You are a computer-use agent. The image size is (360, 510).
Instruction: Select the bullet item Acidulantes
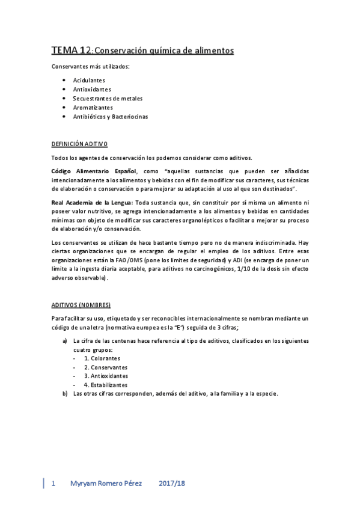pyautogui.click(x=88, y=80)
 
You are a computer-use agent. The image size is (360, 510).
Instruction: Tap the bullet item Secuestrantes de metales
pyautogui.click(x=108, y=98)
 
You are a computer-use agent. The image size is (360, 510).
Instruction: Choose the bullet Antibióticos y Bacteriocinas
pyautogui.click(x=110, y=116)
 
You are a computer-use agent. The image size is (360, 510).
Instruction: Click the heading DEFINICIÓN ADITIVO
pyautogui.click(x=79, y=144)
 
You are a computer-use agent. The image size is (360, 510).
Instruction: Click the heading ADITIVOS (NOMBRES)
pyautogui.click(x=81, y=305)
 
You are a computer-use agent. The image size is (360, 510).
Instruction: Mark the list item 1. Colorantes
pyautogui.click(x=102, y=358)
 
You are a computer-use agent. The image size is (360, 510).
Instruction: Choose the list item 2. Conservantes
pyautogui.click(x=105, y=367)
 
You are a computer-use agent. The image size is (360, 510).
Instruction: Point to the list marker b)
pyautogui.click(x=65, y=394)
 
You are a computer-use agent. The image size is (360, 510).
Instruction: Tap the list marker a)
pyautogui.click(x=65, y=341)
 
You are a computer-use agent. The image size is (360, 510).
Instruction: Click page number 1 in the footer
pyautogui.click(x=54, y=484)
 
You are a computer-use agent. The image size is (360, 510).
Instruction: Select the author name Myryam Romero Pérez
pyautogui.click(x=106, y=484)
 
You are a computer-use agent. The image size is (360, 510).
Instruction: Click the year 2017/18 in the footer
pyautogui.click(x=172, y=484)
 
